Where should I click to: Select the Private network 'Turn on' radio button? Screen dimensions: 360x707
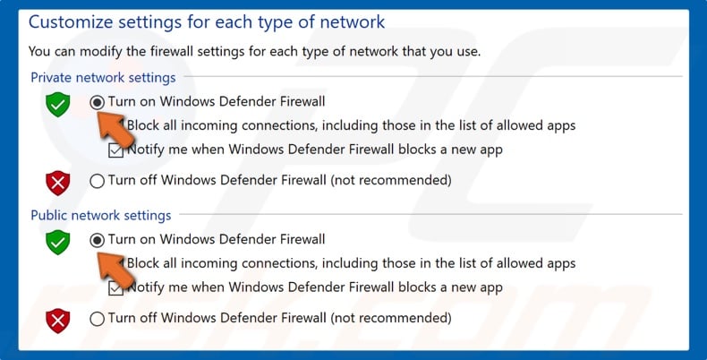click(x=98, y=102)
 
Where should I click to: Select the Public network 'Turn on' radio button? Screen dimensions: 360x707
click(x=98, y=240)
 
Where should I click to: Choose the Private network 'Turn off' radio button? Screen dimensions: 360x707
click(x=98, y=181)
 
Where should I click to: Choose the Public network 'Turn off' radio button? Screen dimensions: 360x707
click(x=98, y=318)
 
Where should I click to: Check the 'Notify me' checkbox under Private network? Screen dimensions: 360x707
click(x=115, y=150)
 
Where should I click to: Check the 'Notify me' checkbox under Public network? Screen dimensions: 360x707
click(x=115, y=288)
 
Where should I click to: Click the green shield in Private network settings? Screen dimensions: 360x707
click(x=58, y=105)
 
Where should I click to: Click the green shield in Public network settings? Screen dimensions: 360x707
click(x=58, y=242)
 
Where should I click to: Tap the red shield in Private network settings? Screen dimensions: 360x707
click(x=58, y=183)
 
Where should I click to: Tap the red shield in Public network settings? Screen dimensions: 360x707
click(x=58, y=320)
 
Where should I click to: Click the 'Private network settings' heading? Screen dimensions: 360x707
click(x=103, y=78)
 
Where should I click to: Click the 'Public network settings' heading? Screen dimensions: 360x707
click(x=100, y=215)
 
